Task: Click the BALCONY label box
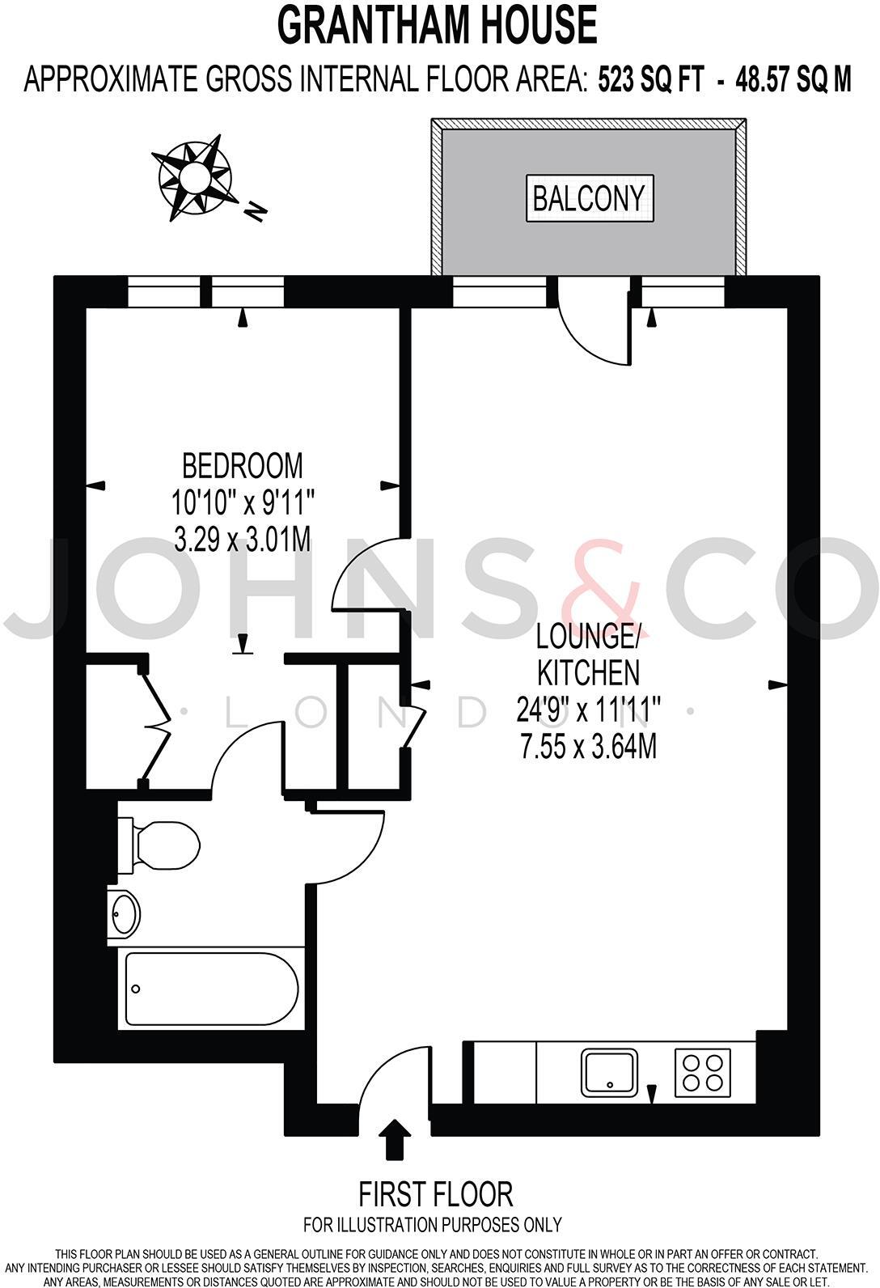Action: (x=589, y=198)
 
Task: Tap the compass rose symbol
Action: (x=195, y=177)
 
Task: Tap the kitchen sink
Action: (x=609, y=1073)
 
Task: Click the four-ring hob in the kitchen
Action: (x=702, y=1073)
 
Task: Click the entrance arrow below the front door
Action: (x=395, y=1139)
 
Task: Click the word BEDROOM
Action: (x=243, y=466)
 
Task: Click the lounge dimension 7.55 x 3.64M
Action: (x=588, y=747)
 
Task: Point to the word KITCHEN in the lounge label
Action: (x=588, y=673)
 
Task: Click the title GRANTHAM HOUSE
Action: (x=438, y=26)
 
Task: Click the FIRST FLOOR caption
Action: (x=436, y=1194)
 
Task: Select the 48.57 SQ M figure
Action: (x=793, y=80)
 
